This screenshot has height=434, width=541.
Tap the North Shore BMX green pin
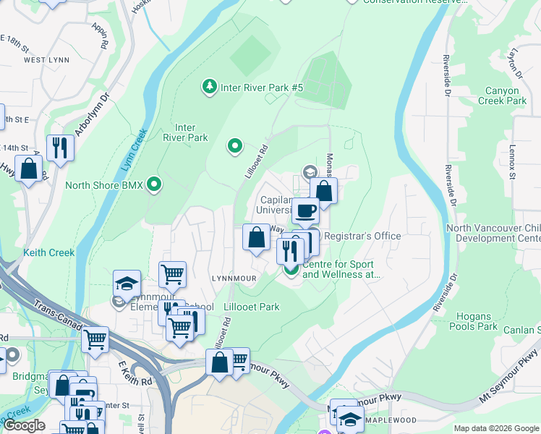tap(153, 184)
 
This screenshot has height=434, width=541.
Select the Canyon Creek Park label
tap(502, 96)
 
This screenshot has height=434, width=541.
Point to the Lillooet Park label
tap(251, 307)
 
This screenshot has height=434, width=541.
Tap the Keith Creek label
tap(48, 252)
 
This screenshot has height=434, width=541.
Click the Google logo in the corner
tap(24, 425)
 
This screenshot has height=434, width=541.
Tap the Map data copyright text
tap(495, 428)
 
